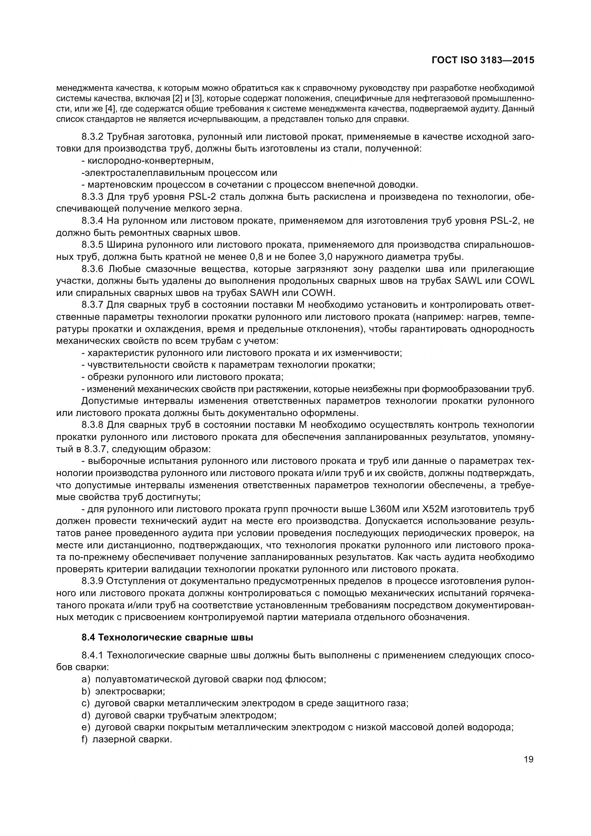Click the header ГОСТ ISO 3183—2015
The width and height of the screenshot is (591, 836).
483,60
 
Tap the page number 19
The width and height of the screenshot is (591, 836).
528,760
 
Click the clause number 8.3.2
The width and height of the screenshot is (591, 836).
93,137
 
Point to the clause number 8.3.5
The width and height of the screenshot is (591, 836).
93,245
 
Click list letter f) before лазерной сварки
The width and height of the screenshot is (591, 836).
85,739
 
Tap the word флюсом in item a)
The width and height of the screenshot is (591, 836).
310,679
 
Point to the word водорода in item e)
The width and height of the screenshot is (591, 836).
495,727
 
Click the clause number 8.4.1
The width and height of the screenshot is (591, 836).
93,656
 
